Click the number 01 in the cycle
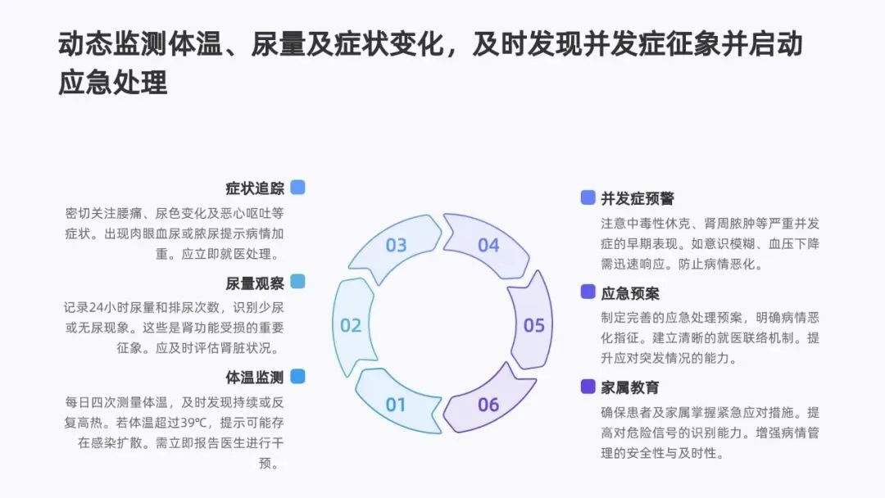(396, 405)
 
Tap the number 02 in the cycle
(351, 326)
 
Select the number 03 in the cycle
(396, 246)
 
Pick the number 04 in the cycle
(488, 246)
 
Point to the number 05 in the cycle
(534, 326)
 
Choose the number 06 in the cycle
(488, 405)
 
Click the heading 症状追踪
(255, 188)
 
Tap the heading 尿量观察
(255, 283)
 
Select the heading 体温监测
(255, 378)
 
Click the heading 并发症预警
(638, 198)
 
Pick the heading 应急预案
(630, 293)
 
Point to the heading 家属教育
(630, 387)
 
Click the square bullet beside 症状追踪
(297, 188)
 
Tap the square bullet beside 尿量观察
(297, 283)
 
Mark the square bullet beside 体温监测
(297, 377)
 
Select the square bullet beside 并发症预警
(588, 197)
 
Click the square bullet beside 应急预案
(588, 292)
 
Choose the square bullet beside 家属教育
(588, 387)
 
